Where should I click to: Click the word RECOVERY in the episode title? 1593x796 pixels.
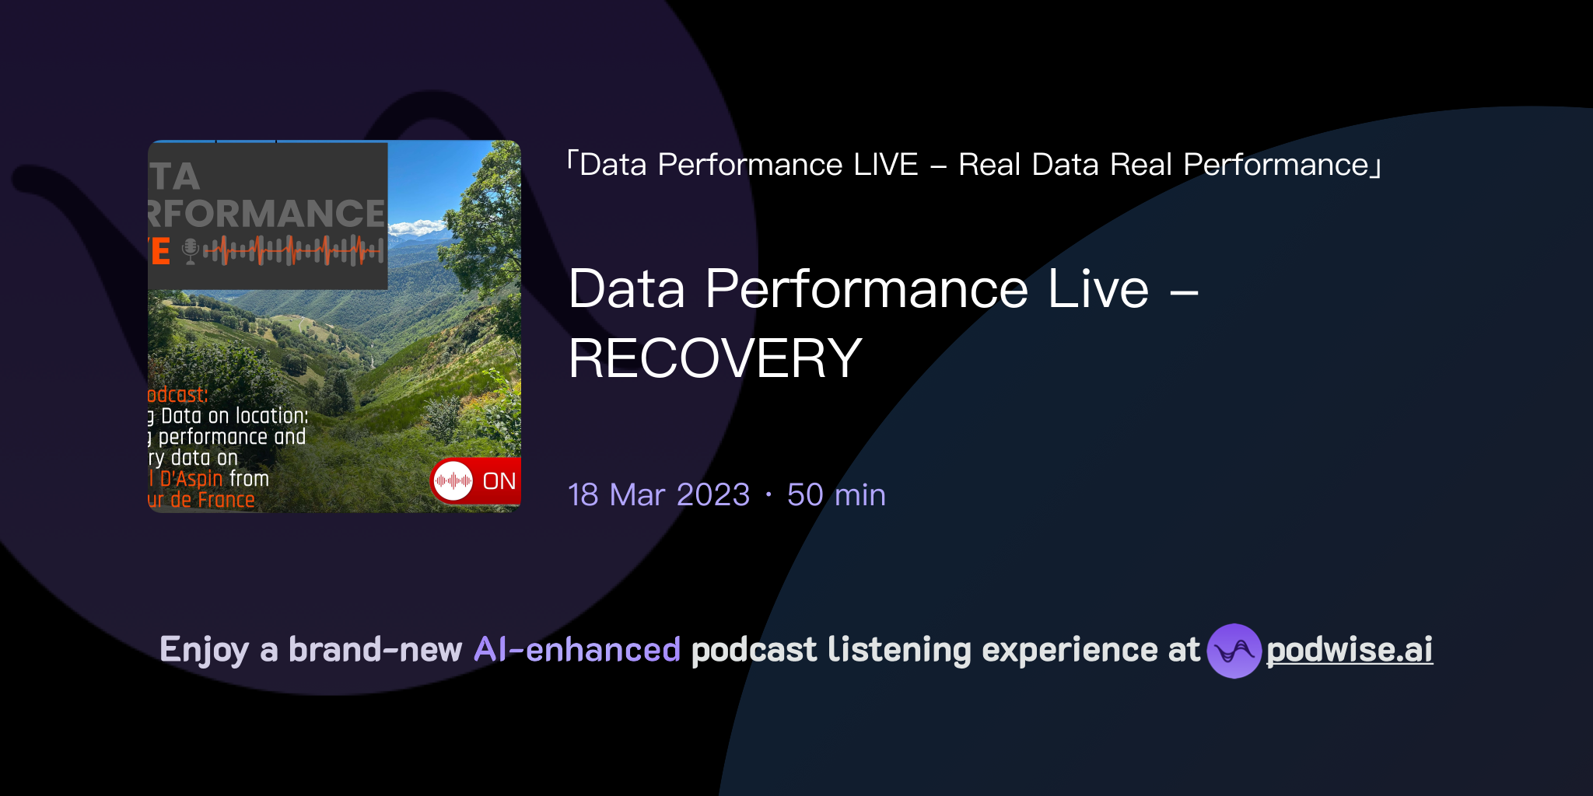pos(715,359)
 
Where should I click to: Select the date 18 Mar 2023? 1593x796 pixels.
pos(659,495)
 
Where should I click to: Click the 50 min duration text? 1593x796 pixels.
pos(836,495)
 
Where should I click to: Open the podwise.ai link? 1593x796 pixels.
pos(1350,650)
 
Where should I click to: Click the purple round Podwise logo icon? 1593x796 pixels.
pos(1234,651)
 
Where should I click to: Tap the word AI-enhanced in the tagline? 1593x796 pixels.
pos(577,650)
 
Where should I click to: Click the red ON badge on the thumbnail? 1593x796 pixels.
pos(499,481)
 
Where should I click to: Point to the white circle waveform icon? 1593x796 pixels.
pos(453,481)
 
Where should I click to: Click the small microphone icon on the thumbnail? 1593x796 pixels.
pos(190,251)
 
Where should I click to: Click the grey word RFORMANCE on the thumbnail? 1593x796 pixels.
pos(267,214)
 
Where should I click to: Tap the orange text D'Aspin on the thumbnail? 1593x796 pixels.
pos(191,479)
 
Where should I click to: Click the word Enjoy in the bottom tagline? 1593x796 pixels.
pos(204,650)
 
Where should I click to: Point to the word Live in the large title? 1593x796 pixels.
pos(1098,289)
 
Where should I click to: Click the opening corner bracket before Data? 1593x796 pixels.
pos(572,160)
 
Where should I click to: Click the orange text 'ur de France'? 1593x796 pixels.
pos(201,500)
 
